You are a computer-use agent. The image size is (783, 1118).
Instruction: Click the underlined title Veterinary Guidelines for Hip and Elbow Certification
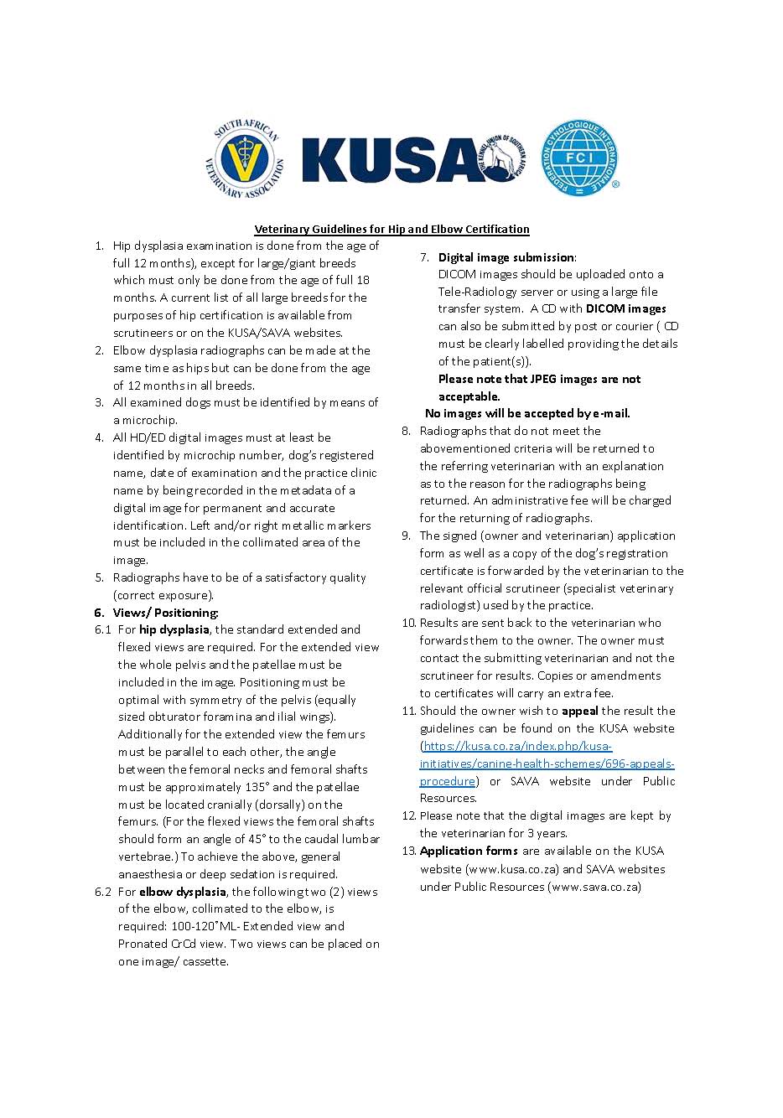pyautogui.click(x=391, y=229)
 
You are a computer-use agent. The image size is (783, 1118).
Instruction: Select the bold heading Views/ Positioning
pyautogui.click(x=165, y=613)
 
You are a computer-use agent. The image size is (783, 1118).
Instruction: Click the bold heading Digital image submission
pyautogui.click(x=506, y=257)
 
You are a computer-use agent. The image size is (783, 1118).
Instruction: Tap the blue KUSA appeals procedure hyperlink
pyautogui.click(x=547, y=763)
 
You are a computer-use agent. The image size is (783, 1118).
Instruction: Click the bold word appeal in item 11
pyautogui.click(x=580, y=711)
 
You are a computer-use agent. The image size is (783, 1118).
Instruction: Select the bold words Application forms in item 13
pyautogui.click(x=469, y=851)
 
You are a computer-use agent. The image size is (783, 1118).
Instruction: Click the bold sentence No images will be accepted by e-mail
pyautogui.click(x=527, y=413)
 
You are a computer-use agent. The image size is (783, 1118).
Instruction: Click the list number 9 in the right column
pyautogui.click(x=407, y=536)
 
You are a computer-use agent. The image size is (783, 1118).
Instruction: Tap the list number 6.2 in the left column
pyautogui.click(x=103, y=892)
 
